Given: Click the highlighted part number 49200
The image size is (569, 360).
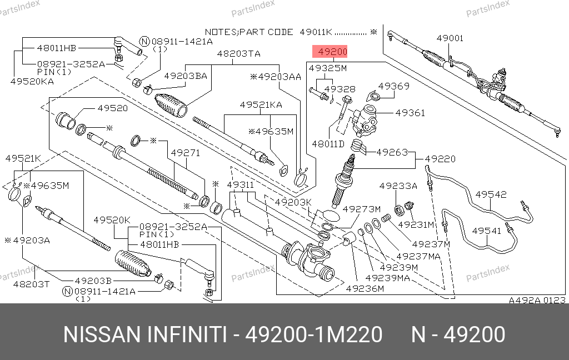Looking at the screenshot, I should [x=331, y=53].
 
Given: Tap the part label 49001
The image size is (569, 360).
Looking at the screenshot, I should [x=450, y=38].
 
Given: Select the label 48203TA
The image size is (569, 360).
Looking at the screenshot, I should [x=238, y=54].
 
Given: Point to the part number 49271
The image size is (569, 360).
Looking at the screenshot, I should [x=185, y=152].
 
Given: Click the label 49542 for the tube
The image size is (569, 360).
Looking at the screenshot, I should [x=491, y=194].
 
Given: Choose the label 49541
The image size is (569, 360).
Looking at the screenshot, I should [x=487, y=230].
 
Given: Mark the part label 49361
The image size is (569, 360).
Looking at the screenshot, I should [x=410, y=113].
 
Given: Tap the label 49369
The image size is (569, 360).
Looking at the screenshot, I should [x=394, y=86].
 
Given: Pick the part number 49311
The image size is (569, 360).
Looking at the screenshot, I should [x=240, y=184].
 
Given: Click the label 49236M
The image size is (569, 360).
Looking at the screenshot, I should [x=365, y=288].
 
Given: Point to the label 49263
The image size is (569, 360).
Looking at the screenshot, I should [x=392, y=152].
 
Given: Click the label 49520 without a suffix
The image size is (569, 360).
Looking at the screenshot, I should [x=113, y=108].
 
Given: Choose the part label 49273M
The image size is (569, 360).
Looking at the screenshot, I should [x=361, y=209].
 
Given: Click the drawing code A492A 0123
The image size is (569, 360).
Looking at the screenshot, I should [x=537, y=300].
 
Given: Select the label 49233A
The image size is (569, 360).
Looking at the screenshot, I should [x=398, y=186].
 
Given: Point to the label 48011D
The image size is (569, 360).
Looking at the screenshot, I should [x=328, y=143].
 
